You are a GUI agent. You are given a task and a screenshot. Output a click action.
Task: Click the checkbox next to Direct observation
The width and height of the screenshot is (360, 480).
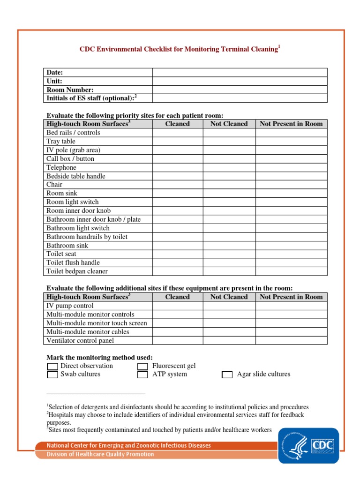[x=52, y=366]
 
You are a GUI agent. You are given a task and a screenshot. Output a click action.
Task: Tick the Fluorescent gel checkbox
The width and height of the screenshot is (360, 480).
[x=142, y=366]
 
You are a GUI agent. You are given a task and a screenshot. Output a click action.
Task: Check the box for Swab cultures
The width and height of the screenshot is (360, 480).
[x=52, y=375]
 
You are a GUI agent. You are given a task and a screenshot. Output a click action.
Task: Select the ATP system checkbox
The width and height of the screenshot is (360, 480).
[x=142, y=375]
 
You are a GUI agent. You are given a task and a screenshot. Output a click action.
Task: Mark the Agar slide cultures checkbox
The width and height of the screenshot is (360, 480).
[x=227, y=375]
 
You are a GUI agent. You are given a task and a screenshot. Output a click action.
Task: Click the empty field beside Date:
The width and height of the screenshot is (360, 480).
[x=240, y=73]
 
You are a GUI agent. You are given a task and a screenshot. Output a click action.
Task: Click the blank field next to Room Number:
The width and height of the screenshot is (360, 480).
[x=240, y=90]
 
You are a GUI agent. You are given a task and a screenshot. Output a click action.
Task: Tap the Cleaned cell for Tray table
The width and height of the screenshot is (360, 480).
[x=178, y=141]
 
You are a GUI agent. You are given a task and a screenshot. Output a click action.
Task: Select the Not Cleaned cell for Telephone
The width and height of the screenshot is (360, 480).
[x=229, y=167]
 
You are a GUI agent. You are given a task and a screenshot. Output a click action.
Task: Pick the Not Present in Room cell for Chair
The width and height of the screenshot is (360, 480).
[x=291, y=185]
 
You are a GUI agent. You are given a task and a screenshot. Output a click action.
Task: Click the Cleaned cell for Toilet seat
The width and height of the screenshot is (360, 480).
[x=178, y=254]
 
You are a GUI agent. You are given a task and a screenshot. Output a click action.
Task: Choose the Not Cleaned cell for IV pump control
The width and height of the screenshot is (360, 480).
[x=229, y=306]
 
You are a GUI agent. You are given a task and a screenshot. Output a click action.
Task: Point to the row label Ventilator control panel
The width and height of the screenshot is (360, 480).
[x=80, y=341]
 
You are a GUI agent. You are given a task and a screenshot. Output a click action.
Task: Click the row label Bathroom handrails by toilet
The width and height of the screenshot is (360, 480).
[x=87, y=237]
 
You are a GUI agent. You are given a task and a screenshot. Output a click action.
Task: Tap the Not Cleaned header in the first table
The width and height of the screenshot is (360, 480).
[x=229, y=124]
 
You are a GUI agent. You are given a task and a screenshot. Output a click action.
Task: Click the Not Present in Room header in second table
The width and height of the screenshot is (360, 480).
[x=291, y=297]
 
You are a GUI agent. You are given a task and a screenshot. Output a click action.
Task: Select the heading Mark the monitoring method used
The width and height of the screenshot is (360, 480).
[x=99, y=357]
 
